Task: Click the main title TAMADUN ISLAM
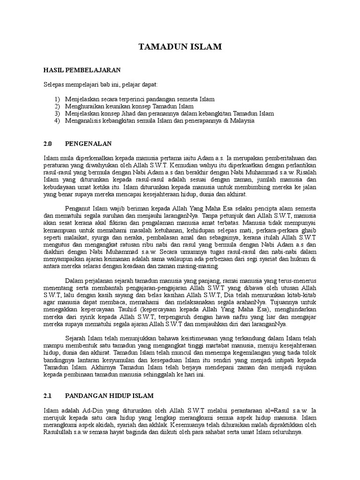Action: [180, 47]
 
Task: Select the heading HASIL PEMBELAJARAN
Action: [82, 70]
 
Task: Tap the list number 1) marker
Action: [57, 99]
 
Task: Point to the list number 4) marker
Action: [57, 120]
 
